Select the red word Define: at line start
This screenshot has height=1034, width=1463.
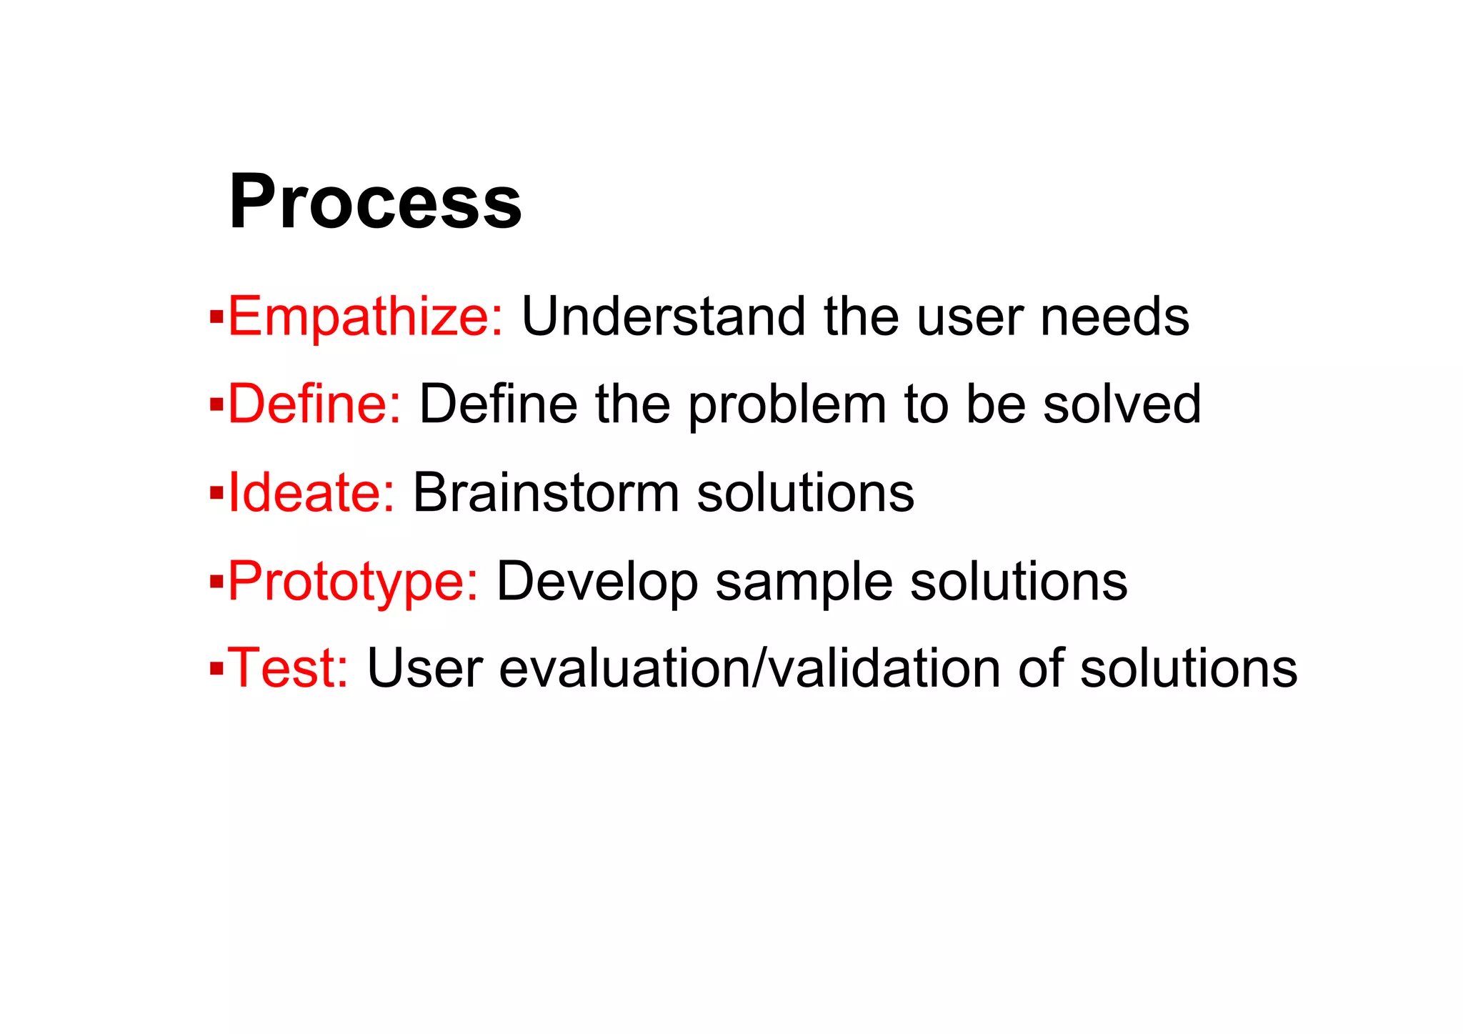[x=314, y=404]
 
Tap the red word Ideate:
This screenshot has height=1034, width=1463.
[x=311, y=492]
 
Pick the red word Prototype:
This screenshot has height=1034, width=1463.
[x=353, y=581]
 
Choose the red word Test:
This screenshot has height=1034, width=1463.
[x=288, y=668]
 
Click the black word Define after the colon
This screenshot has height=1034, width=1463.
[x=498, y=404]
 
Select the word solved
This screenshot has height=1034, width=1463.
[x=1122, y=404]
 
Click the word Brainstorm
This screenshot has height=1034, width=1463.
[x=546, y=492]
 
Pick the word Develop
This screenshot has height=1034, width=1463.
[x=597, y=581]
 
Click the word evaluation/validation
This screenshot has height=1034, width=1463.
[x=749, y=668]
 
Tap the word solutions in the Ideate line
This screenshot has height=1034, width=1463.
[x=805, y=492]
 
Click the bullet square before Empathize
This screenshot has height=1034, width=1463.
[x=216, y=317]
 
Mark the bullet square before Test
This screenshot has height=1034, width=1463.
[x=216, y=669]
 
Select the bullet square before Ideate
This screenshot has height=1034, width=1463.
[x=216, y=493]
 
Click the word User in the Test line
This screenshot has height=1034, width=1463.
[x=424, y=668]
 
